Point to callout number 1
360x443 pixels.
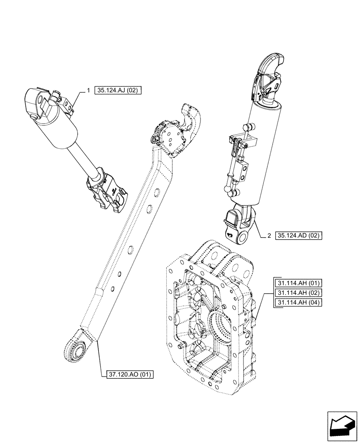tap(89, 91)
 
